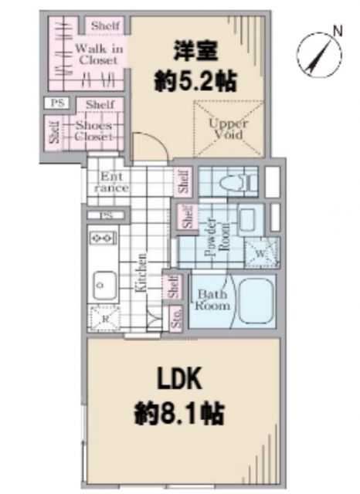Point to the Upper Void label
click(x=229, y=128)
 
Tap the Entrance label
click(x=111, y=182)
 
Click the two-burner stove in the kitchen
click(x=102, y=237)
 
